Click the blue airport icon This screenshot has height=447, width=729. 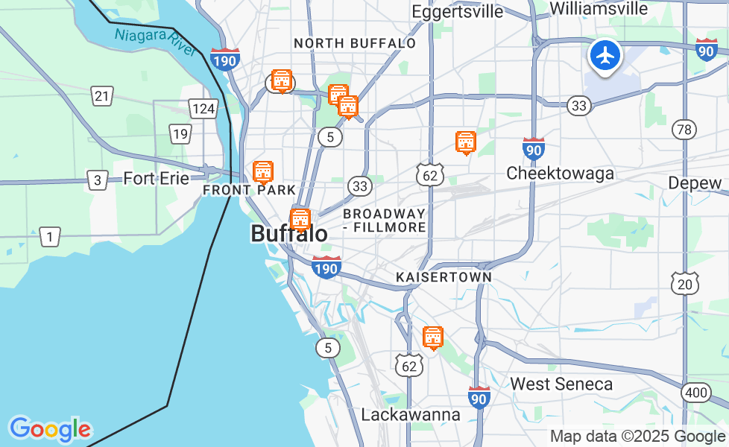[x=605, y=55]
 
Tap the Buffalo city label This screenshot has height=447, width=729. [x=288, y=234]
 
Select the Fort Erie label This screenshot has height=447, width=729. [x=157, y=179]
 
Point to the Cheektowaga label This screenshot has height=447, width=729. [x=560, y=174]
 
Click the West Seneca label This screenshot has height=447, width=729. [x=561, y=384]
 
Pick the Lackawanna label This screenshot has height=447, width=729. [x=411, y=414]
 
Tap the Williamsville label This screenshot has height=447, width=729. [x=599, y=9]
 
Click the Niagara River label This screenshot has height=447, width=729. [x=154, y=41]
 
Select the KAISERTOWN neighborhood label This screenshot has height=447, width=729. [x=444, y=277]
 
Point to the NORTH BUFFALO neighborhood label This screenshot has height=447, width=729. [x=355, y=44]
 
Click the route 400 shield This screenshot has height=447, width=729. [x=696, y=392]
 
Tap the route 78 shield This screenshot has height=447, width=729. [x=684, y=130]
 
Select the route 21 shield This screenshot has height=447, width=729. [x=102, y=95]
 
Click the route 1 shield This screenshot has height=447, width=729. [x=49, y=238]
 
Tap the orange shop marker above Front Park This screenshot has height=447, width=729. [x=262, y=171]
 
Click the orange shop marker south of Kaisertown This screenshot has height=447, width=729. [x=432, y=337]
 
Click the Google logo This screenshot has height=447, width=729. [x=50, y=429]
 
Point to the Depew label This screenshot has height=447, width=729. [x=695, y=183]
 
